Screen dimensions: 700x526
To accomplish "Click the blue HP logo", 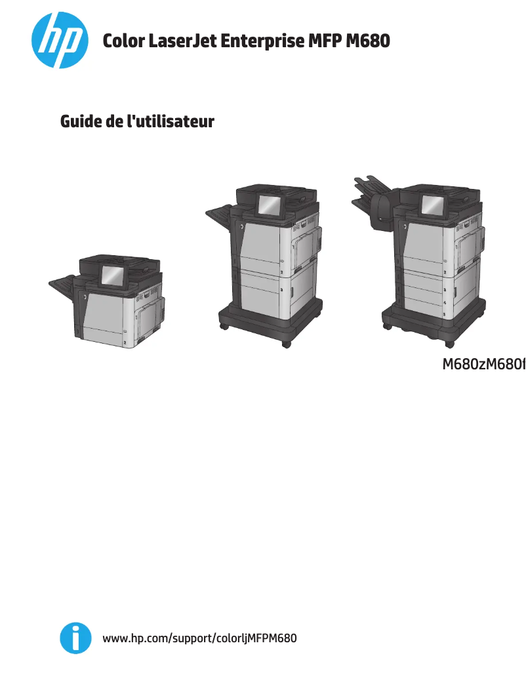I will pos(60,41).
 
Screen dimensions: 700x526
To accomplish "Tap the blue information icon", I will pos(75,638).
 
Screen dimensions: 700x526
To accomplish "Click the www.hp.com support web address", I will pos(200,638).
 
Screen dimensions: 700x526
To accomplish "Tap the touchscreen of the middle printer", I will pos(269,205).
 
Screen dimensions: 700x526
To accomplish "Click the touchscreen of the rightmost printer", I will pos(432,205).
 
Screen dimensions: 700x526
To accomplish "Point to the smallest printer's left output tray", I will pos(66,283).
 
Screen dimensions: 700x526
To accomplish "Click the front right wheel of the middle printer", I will pos(286,343).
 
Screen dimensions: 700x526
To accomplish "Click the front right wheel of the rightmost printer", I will pos(449,343).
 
